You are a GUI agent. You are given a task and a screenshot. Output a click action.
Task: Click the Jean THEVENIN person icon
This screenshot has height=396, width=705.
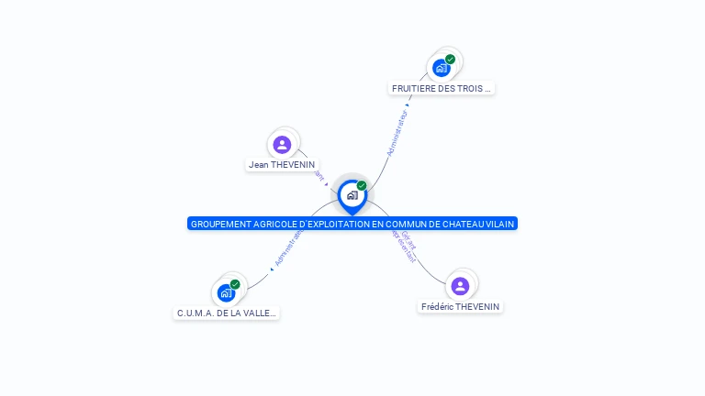pos(282,144)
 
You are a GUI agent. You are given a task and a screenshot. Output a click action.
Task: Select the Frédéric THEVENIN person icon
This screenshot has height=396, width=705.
pos(460,286)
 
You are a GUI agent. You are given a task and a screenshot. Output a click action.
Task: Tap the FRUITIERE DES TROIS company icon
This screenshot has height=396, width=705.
pos(442,67)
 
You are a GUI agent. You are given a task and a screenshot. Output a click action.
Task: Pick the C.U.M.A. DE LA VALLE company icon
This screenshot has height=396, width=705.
pos(226,293)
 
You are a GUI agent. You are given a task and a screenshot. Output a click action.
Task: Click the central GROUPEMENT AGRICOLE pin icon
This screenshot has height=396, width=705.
pos(352,195)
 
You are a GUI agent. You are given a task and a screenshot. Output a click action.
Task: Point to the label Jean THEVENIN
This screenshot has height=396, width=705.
pos(282,165)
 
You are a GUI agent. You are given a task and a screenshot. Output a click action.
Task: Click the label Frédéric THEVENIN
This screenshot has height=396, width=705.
pos(462,306)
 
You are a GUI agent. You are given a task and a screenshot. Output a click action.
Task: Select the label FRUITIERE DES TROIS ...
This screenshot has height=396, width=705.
pos(442,89)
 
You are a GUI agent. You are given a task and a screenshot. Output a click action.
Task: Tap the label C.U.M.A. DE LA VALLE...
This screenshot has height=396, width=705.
pos(226,313)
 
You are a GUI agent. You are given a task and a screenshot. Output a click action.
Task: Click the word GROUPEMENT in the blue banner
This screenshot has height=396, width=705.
pos(218,224)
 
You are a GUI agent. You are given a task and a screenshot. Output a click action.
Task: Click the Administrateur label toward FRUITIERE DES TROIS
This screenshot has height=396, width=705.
pos(397,134)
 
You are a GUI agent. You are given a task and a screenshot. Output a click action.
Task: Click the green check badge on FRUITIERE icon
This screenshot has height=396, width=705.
pos(450,59)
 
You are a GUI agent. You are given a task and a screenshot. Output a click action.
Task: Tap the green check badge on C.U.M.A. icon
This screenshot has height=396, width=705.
pos(235,284)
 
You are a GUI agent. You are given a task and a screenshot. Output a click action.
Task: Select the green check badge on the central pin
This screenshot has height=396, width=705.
pos(362,186)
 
